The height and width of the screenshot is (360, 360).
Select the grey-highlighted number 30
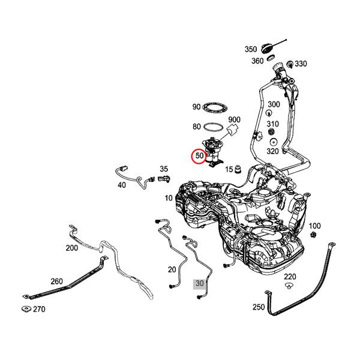point(199,284)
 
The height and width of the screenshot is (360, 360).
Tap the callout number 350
point(251,49)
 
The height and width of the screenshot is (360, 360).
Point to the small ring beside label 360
point(271,59)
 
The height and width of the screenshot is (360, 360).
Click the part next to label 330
point(290,64)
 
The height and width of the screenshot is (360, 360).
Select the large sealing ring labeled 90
point(214,107)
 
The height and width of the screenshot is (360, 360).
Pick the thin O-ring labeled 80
point(212,127)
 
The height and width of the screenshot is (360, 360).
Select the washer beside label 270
point(26,310)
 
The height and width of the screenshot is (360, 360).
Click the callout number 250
point(258,307)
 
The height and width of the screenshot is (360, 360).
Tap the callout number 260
point(56,281)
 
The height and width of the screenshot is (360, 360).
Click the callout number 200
point(71,247)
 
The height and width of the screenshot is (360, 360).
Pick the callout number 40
point(122,185)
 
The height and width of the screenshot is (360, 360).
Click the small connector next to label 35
point(163,179)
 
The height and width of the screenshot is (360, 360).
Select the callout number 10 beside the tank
point(169,197)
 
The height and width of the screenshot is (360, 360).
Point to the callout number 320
point(272,151)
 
